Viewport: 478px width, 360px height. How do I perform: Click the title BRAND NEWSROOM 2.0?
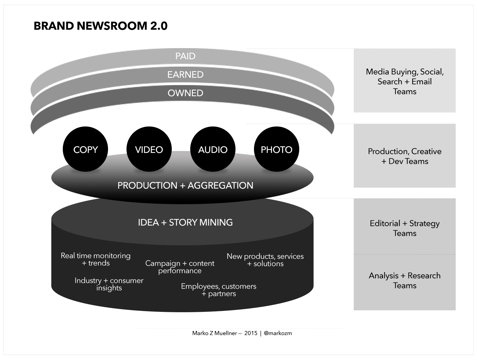pos(100,26)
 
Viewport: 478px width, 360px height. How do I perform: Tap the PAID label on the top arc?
pos(185,56)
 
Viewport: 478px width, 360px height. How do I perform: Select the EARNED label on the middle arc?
pos(185,75)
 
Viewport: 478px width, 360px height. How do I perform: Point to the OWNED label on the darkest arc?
pos(185,93)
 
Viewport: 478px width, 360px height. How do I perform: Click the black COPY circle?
pos(85,149)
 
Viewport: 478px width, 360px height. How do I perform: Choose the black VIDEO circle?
pos(149,149)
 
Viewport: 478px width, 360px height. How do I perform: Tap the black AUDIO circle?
pos(213,149)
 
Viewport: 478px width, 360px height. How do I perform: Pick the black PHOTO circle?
pos(276,149)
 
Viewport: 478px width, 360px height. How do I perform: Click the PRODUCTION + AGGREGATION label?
pos(185,185)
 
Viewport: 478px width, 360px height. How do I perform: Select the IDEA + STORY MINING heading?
pos(185,222)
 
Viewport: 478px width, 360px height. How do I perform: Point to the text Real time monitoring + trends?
pos(96,259)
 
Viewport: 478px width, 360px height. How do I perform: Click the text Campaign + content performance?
pos(180,267)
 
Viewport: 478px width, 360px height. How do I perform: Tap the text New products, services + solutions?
pos(265,260)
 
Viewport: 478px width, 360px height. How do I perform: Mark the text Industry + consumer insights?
pos(109,284)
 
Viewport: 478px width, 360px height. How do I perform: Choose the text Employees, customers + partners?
pos(219,290)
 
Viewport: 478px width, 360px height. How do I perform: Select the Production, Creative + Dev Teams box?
pos(404,156)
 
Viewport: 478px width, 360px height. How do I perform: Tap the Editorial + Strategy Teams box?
pos(404,228)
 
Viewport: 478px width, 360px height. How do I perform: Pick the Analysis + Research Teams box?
pos(404,280)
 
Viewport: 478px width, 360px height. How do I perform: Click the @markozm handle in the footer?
pos(278,333)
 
